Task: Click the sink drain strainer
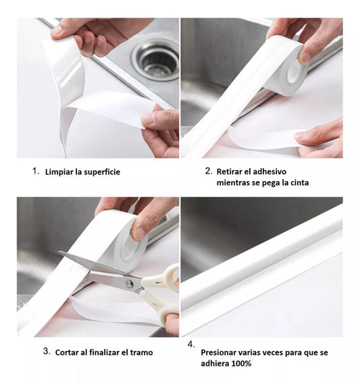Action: (156, 59)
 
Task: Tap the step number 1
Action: (36, 171)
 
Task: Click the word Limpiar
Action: (59, 172)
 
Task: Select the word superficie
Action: (101, 172)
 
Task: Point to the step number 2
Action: (209, 171)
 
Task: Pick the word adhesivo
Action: (269, 172)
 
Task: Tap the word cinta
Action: (300, 183)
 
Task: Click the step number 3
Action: (47, 351)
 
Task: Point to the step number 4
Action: (191, 345)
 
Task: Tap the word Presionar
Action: (218, 353)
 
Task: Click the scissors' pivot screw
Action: (130, 283)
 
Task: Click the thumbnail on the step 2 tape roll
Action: (305, 57)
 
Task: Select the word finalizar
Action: (105, 353)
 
